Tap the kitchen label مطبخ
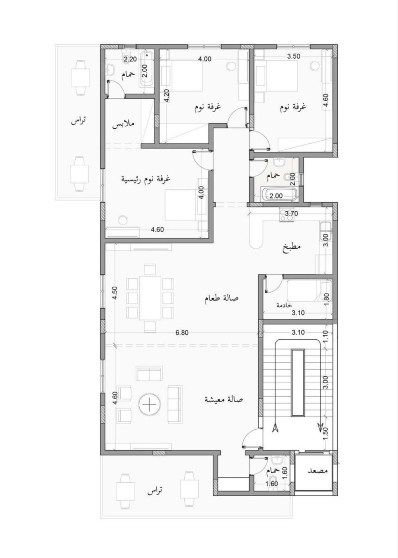coord(292,247)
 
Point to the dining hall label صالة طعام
coord(221,298)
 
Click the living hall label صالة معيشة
coord(224,400)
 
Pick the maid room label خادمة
coord(284,305)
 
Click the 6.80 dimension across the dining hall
coord(182,332)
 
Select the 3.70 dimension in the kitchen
coord(291,213)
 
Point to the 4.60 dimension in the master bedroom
coord(157,229)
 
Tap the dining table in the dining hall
coord(150,298)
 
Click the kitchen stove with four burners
coord(286,214)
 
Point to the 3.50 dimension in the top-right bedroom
coord(294,56)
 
